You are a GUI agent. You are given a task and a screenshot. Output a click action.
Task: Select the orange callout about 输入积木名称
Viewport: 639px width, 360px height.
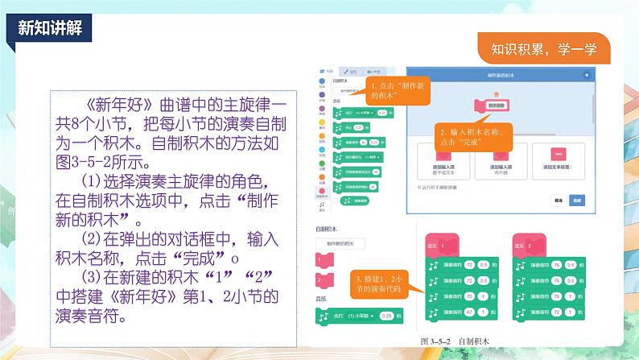point(472,136)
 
